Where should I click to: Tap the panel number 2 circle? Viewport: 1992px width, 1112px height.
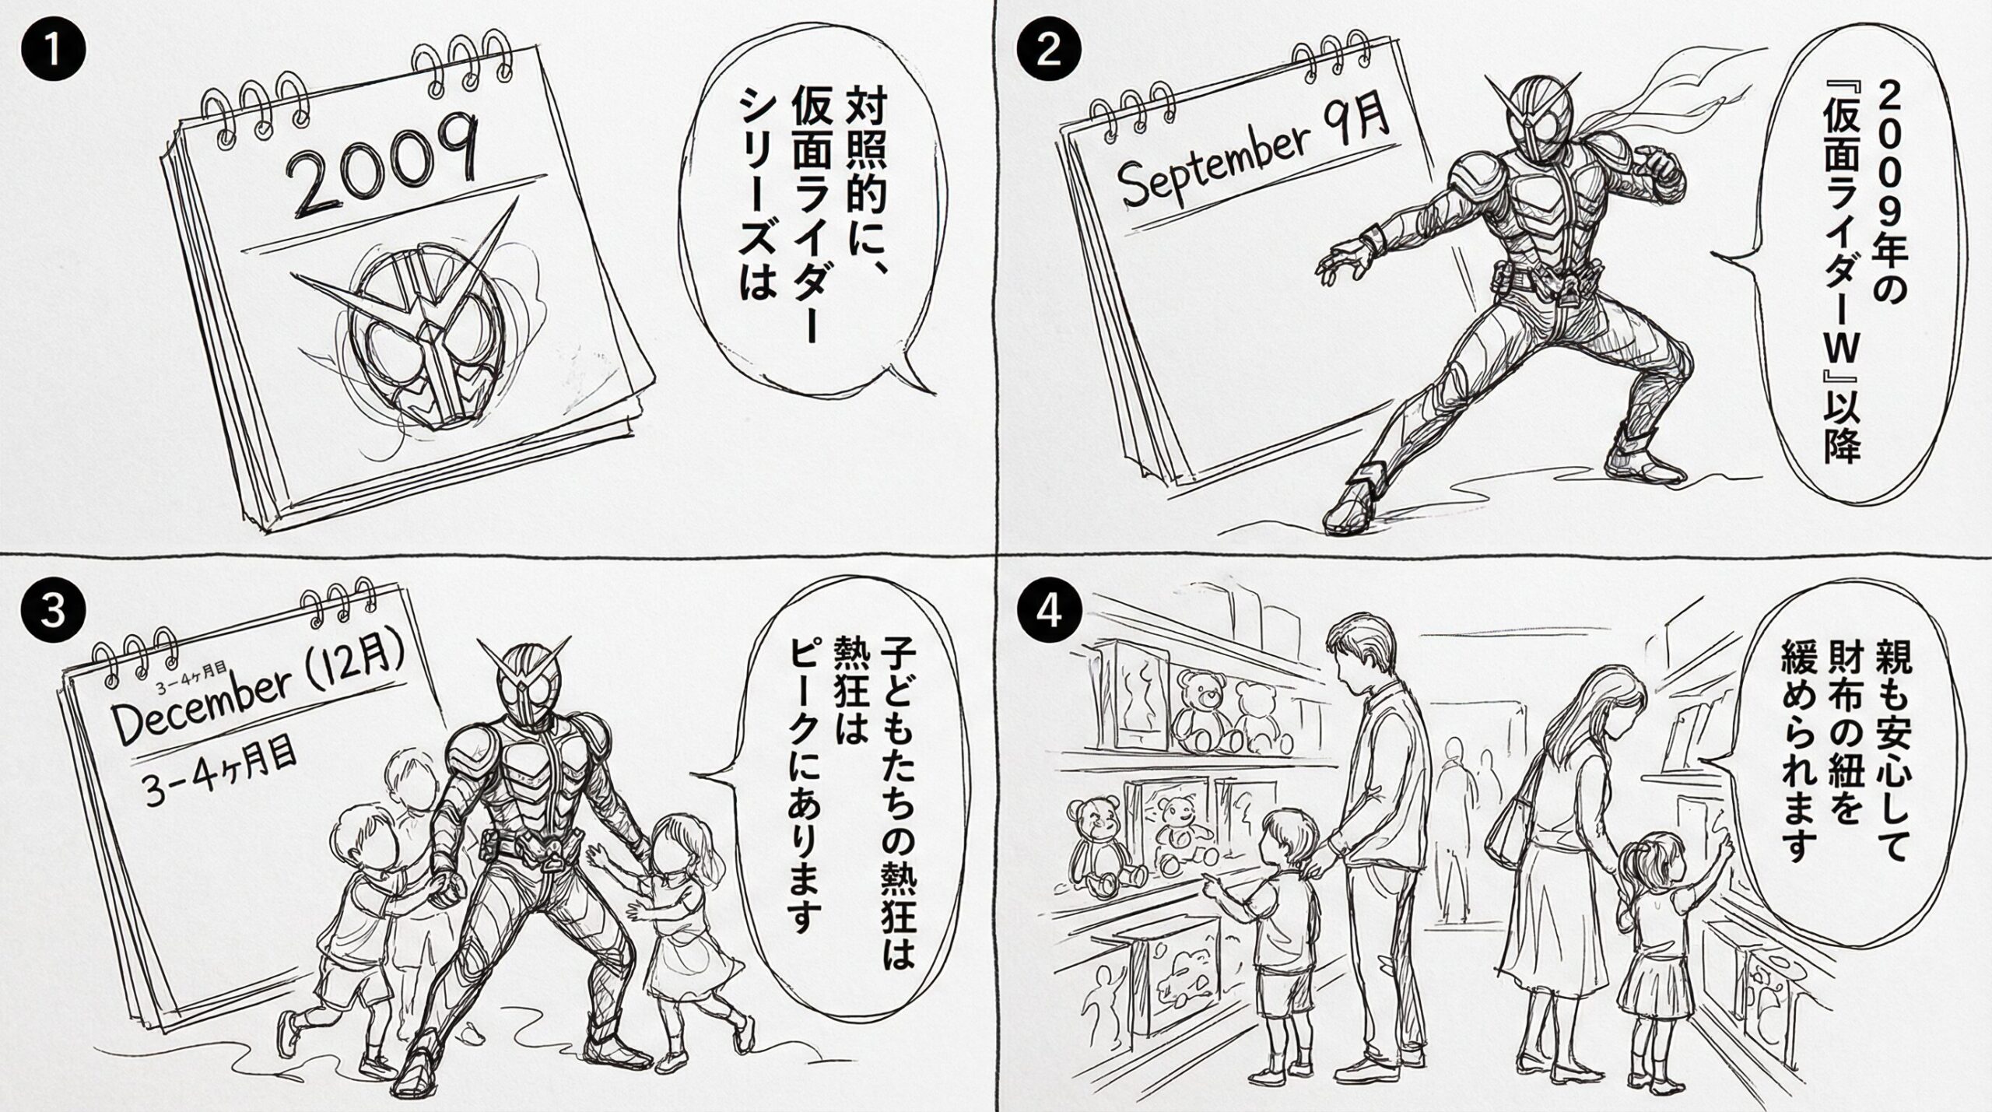[x=1049, y=53]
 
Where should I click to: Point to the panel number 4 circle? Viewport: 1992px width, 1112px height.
[x=1049, y=610]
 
